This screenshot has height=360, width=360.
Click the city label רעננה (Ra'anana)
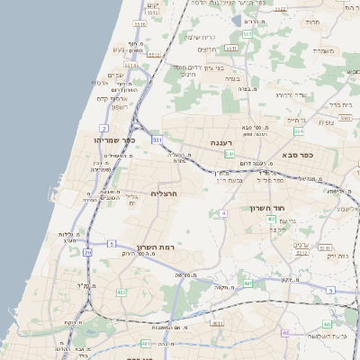(x=223, y=142)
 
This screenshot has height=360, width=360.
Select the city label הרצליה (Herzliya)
(x=165, y=193)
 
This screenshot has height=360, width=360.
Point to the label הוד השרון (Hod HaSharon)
(x=267, y=208)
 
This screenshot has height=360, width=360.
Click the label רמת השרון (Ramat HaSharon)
(x=155, y=247)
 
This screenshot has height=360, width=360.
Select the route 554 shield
(x=299, y=132)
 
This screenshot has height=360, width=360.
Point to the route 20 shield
(x=87, y=253)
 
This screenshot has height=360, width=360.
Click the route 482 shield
(x=121, y=292)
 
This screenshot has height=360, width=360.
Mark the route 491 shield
(x=247, y=283)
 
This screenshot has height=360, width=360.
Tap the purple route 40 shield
(x=285, y=333)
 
